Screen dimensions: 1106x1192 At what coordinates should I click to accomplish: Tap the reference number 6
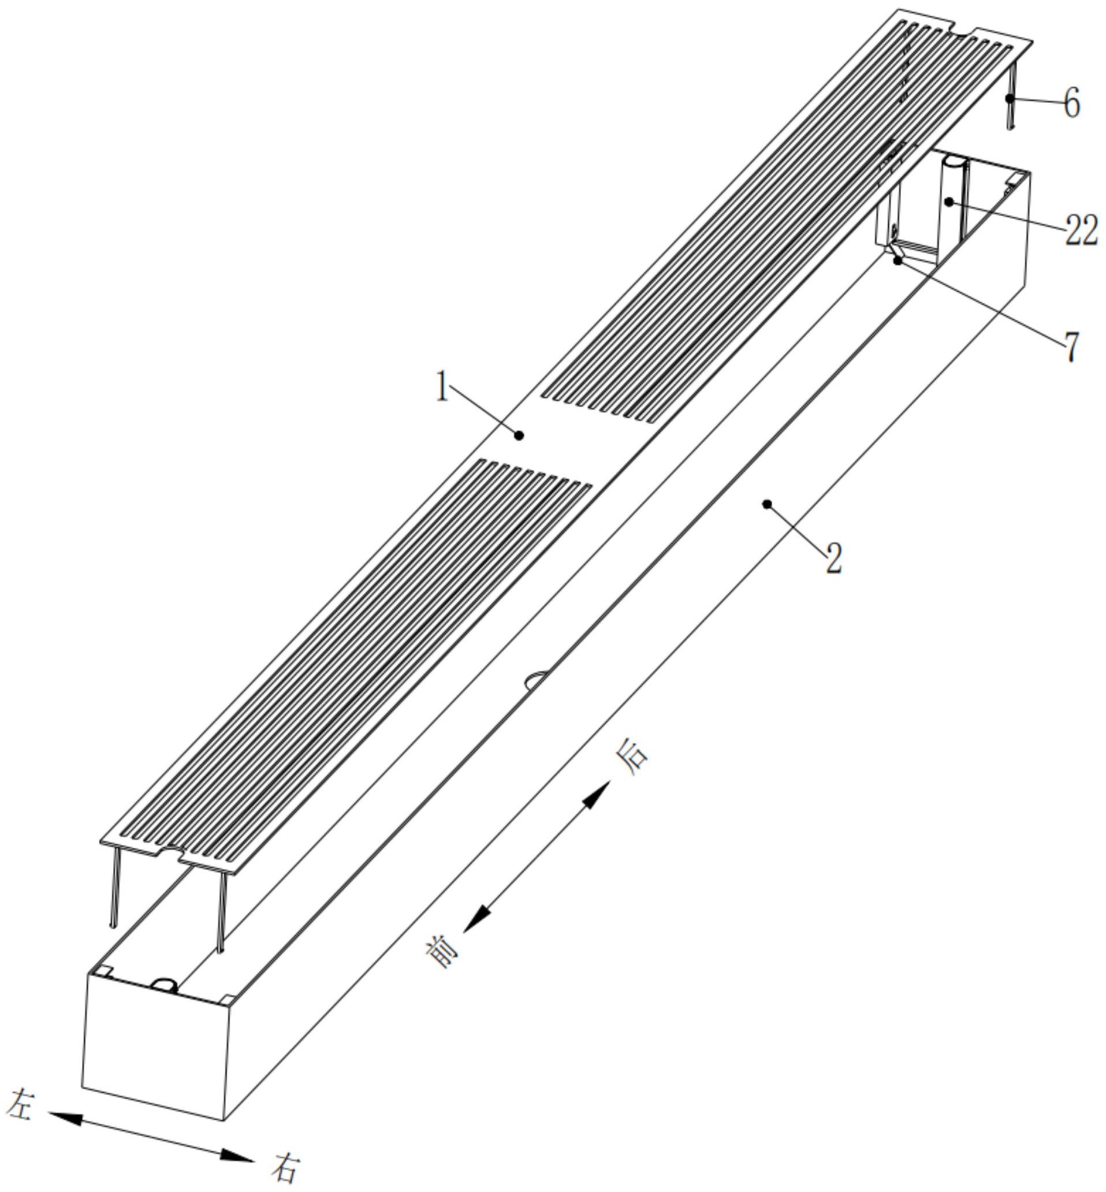pyautogui.click(x=1071, y=102)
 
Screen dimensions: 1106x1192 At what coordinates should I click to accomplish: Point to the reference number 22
pyautogui.click(x=1081, y=231)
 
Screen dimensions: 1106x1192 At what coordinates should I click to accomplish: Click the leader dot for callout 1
pyautogui.click(x=519, y=435)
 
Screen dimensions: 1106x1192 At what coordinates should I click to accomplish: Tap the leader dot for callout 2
pyautogui.click(x=766, y=504)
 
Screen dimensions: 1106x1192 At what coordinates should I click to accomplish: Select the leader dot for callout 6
pyautogui.click(x=1010, y=98)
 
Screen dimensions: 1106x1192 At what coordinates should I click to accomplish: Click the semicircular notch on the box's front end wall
pyautogui.click(x=163, y=984)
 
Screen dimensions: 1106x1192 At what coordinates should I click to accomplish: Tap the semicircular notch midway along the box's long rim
pyautogui.click(x=537, y=680)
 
